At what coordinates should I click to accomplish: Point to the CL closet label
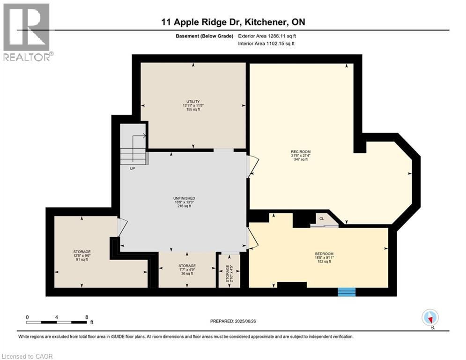point(322,219)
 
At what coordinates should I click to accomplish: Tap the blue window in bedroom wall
point(347,292)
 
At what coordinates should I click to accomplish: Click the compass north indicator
point(430,318)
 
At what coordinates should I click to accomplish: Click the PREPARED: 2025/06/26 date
point(234,321)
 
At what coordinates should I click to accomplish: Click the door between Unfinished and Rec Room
point(252,165)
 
